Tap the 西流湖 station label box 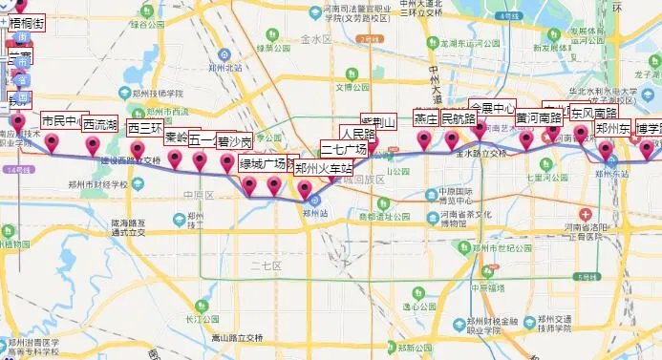click(x=99, y=124)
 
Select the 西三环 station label click(x=145, y=128)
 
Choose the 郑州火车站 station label click(x=323, y=169)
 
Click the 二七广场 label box click(x=344, y=150)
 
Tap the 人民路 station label click(x=360, y=133)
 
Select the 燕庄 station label click(x=425, y=119)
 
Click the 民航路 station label click(x=458, y=119)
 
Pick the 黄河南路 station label click(x=539, y=118)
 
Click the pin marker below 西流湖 click(x=93, y=145)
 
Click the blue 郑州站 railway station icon click(x=314, y=200)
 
